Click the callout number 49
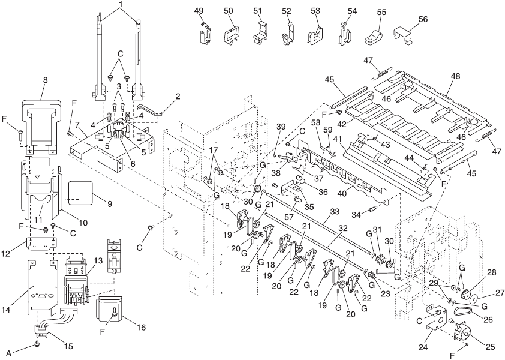click(x=199, y=11)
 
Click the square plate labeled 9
click(x=79, y=193)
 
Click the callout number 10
click(x=83, y=223)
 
